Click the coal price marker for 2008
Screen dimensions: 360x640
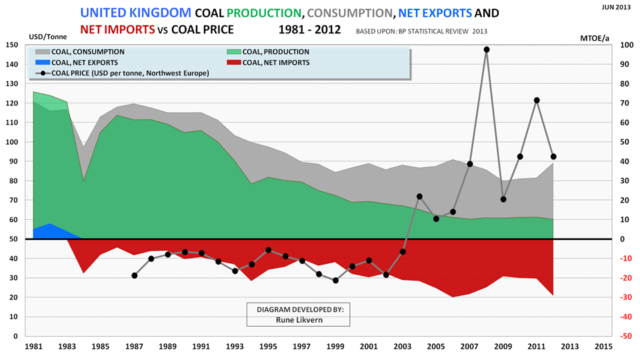coord(486,49)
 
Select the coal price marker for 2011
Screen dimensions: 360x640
coord(537,100)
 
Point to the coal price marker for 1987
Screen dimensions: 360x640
coord(135,275)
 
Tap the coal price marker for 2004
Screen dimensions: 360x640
coord(419,197)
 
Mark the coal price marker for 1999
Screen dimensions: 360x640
coord(335,281)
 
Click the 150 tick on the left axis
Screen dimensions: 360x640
coord(12,45)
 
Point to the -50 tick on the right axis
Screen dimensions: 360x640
coord(625,337)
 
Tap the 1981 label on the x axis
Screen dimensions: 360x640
coord(33,347)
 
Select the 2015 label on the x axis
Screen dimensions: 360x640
coord(603,347)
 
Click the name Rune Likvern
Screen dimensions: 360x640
coord(297,320)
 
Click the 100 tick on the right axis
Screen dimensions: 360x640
coord(623,45)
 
